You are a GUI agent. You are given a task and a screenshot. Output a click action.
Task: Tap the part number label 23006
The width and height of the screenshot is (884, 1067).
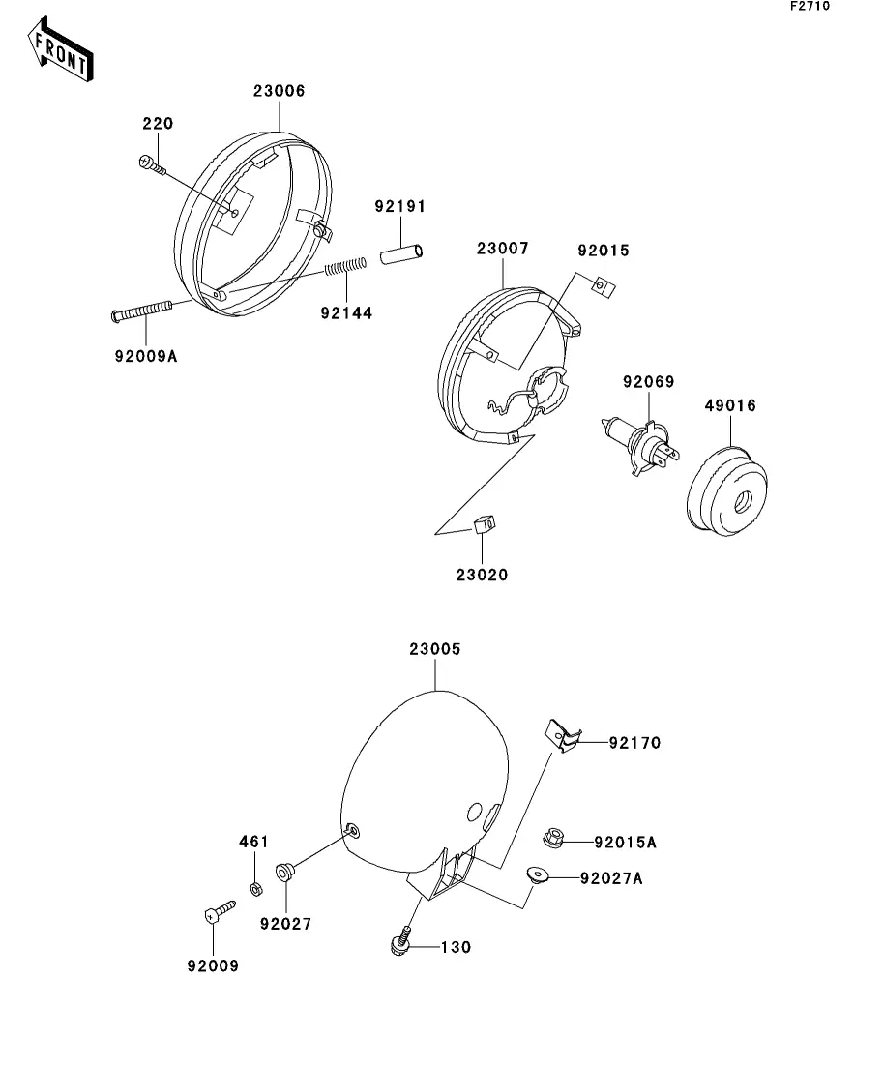tap(279, 91)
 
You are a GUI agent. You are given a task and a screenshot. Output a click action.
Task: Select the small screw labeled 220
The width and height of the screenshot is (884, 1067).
tap(153, 167)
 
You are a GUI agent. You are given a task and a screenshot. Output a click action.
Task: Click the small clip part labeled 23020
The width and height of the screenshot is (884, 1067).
tap(484, 524)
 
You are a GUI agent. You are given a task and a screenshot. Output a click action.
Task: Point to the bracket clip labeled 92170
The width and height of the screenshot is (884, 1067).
tap(563, 736)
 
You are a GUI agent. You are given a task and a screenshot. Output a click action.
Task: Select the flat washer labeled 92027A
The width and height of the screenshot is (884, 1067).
tap(537, 876)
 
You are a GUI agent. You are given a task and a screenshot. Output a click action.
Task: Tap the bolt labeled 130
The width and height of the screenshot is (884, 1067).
tap(401, 941)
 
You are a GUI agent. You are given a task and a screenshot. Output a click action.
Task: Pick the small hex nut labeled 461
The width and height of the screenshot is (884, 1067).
tap(255, 887)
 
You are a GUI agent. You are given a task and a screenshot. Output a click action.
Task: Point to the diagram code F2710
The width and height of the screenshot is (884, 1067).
tap(810, 7)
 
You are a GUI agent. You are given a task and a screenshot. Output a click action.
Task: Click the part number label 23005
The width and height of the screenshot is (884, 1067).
tap(435, 650)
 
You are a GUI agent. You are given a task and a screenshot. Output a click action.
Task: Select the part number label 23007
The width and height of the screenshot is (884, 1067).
tap(502, 249)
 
